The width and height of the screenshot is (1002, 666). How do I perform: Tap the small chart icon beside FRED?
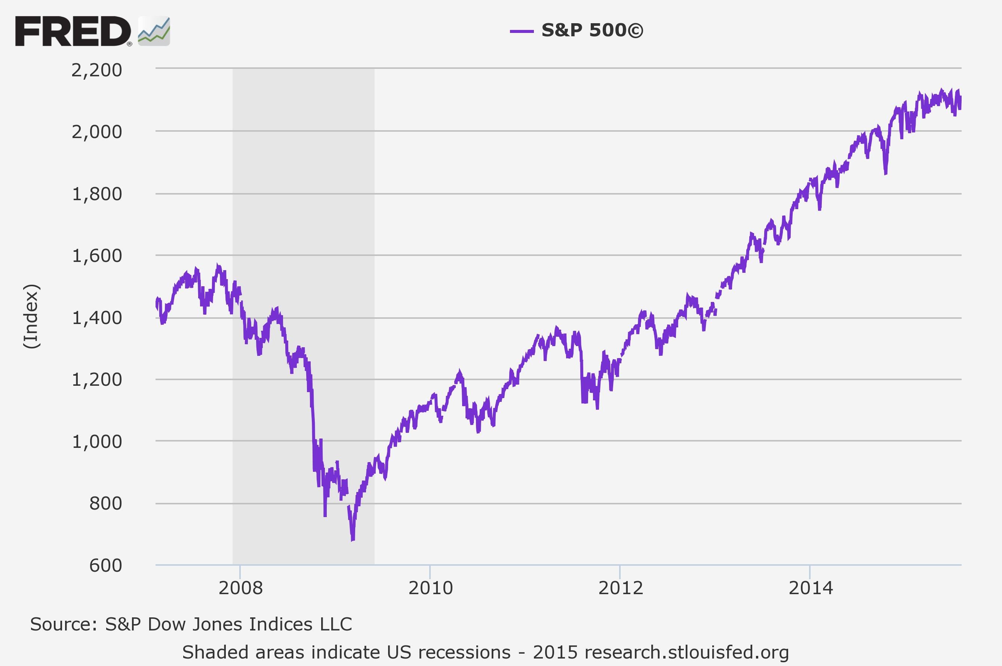154,31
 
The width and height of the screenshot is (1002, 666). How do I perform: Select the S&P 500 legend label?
593,30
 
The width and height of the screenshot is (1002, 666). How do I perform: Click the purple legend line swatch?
522,31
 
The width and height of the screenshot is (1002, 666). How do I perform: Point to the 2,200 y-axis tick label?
97,70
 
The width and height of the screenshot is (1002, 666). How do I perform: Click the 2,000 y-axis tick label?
97,132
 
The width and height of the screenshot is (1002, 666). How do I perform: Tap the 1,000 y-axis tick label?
97,442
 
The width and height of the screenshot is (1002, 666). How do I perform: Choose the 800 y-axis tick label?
106,503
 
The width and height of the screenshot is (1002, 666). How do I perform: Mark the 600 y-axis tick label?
106,565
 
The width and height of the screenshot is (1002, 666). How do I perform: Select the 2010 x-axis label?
430,588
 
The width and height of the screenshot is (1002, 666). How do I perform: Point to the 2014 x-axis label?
811,588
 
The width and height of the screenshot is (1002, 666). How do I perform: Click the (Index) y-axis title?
31,317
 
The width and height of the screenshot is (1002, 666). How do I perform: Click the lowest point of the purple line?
353,540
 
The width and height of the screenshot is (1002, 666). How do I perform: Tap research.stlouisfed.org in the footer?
686,652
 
